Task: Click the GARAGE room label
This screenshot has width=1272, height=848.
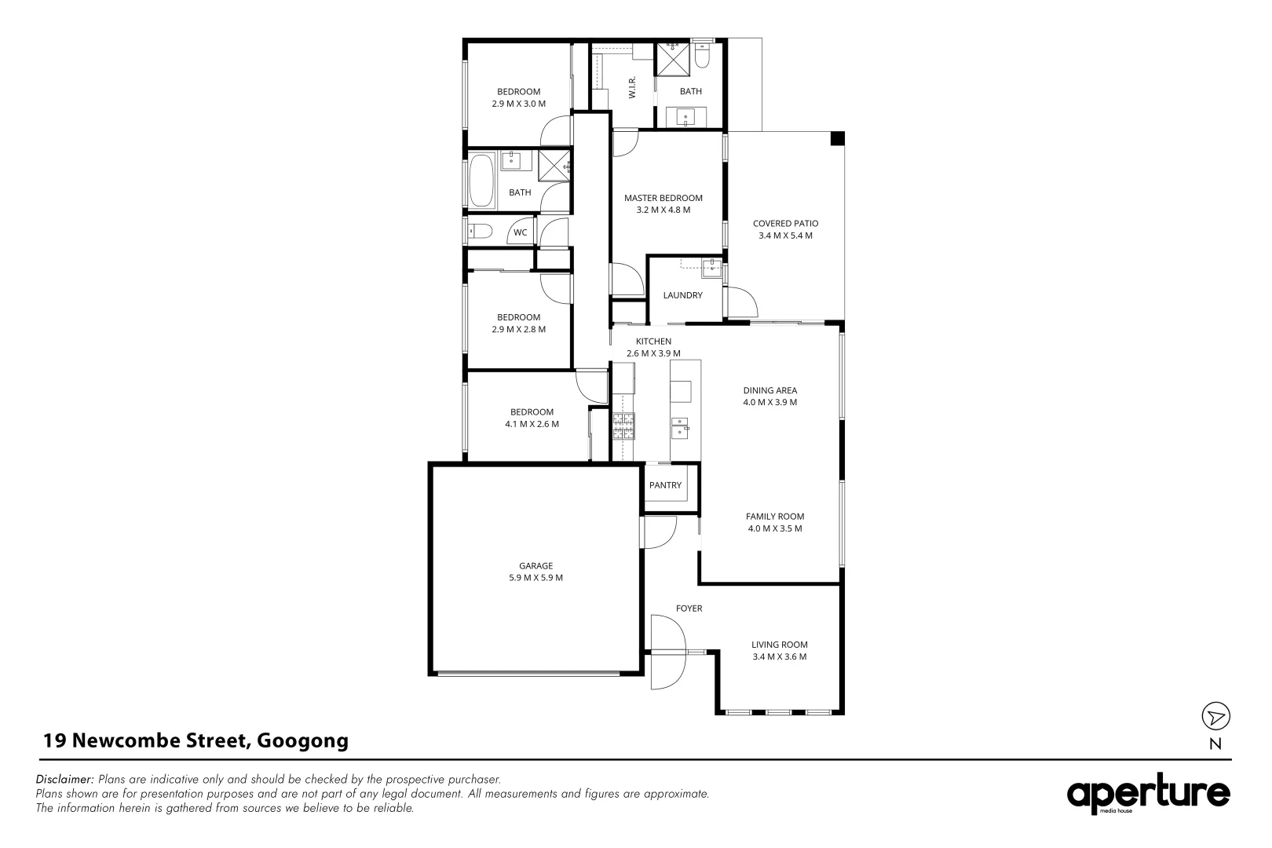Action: point(535,565)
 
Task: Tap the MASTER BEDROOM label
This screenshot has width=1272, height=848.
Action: point(663,198)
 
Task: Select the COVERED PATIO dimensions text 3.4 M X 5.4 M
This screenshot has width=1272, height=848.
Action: point(784,236)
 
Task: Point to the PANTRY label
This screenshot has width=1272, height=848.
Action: point(665,485)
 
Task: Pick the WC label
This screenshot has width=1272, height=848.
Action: point(520,232)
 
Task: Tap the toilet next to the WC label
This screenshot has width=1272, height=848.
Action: point(479,232)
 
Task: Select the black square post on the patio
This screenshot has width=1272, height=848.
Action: point(837,138)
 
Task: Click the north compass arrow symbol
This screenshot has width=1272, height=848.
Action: point(1215,716)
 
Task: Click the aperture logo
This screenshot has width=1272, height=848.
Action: point(1148,795)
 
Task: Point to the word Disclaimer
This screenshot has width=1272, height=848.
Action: point(64,780)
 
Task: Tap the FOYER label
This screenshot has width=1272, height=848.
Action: point(689,609)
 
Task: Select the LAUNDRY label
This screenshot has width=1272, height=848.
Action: point(682,295)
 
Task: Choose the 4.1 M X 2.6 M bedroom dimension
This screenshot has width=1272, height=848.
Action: point(532,424)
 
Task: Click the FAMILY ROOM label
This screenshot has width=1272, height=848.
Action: point(774,517)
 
